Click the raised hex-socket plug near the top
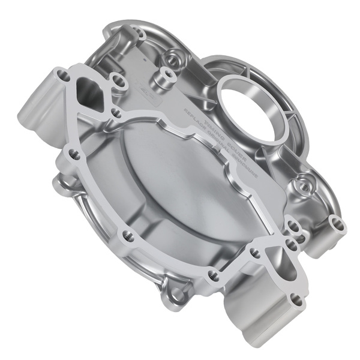(x=163, y=75)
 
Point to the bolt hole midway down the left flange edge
(x=74, y=155)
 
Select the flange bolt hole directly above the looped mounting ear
(x=212, y=275)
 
